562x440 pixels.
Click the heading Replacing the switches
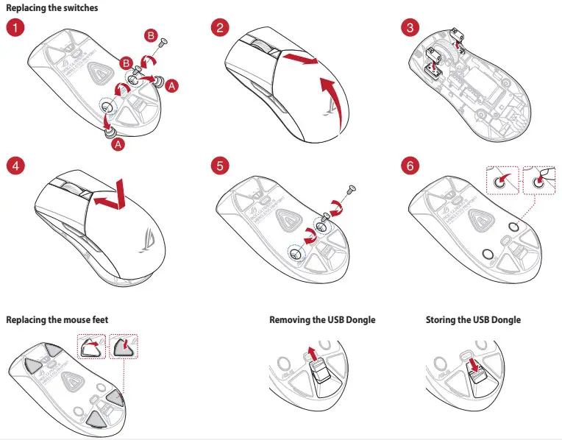click(51, 7)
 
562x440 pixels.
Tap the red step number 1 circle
click(15, 28)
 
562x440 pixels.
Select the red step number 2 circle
click(218, 28)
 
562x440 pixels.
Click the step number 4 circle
click(15, 165)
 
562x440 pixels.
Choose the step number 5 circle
click(218, 165)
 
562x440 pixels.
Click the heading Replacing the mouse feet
click(57, 320)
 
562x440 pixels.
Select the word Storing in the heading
click(442, 320)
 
